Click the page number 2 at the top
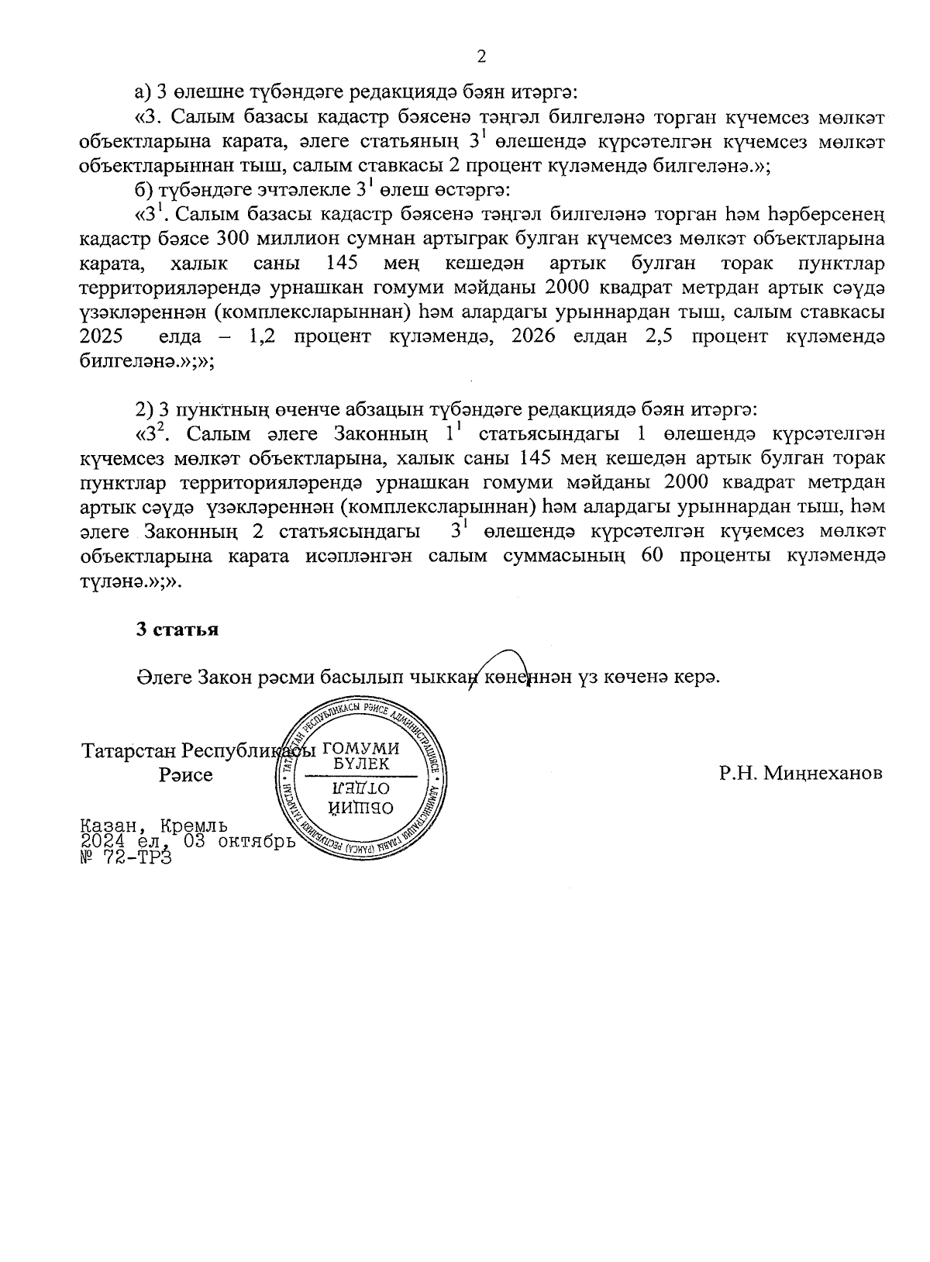[481, 56]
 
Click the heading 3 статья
[177, 629]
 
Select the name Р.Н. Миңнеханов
[801, 774]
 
